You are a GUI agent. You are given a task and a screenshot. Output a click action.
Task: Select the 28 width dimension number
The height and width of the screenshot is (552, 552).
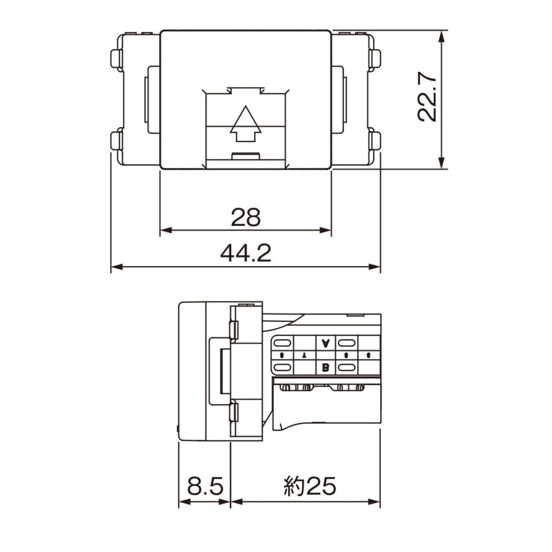[x=246, y=216]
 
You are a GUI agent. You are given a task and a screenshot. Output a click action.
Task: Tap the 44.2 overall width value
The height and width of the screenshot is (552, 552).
[x=246, y=252]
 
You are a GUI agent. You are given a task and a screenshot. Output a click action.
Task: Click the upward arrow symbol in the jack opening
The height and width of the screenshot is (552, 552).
[x=245, y=124]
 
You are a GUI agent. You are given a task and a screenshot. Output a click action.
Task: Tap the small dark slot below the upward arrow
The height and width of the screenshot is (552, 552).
[x=245, y=155]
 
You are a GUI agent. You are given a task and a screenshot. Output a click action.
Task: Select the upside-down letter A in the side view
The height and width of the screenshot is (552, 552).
[x=326, y=343]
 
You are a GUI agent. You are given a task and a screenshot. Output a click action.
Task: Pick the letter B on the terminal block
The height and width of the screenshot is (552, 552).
[x=326, y=367]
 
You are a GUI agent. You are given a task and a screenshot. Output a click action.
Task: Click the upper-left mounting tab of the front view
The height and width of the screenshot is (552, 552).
[x=115, y=59]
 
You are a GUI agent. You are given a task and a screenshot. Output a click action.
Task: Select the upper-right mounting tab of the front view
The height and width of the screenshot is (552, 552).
[x=377, y=59]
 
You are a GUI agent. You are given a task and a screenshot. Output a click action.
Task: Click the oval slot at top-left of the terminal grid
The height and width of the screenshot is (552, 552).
[x=282, y=343]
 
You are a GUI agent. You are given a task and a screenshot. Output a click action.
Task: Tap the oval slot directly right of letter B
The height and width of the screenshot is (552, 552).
[x=347, y=367]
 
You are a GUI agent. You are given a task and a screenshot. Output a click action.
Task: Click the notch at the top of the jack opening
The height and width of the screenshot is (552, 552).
[x=245, y=91]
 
